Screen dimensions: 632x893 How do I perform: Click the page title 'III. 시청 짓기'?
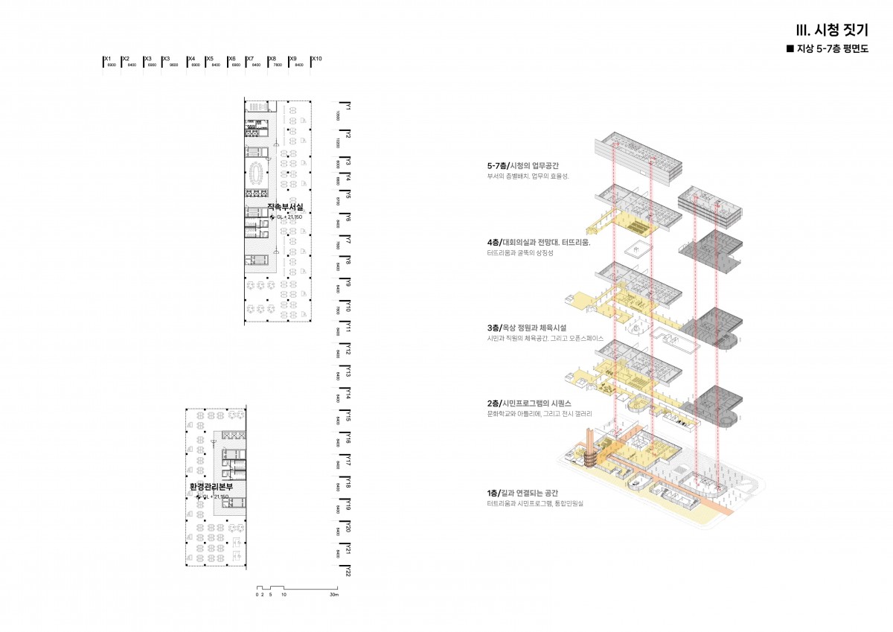tap(831, 31)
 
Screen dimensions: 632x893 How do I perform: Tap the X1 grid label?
tap(107, 58)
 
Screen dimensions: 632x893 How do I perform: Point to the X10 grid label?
tap(317, 58)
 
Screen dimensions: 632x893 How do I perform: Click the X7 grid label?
tap(251, 58)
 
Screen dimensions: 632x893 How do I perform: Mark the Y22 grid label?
tap(348, 572)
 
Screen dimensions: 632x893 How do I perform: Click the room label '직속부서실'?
tap(285, 207)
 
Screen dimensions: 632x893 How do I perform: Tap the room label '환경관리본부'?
tap(211, 486)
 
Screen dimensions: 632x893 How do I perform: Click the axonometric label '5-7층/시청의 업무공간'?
tap(528, 166)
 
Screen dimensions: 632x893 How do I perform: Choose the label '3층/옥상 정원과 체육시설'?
tap(527, 328)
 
